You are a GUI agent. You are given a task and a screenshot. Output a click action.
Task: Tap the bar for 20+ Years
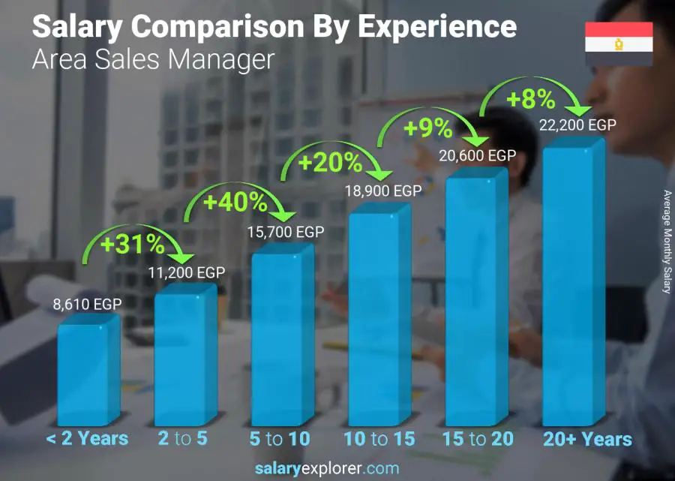coord(574,285)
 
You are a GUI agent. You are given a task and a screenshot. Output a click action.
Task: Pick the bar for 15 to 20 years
coord(476,300)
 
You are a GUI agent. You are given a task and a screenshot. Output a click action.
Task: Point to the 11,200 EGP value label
coord(187,273)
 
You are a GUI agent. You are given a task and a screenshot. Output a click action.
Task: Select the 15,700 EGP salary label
coord(286,233)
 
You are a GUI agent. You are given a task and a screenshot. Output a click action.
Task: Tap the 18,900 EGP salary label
coord(383,191)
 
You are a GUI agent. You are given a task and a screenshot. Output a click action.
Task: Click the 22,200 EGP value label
coord(577,125)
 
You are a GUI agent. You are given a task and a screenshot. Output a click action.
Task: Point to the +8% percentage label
coord(529,99)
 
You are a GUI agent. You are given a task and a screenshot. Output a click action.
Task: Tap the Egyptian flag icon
coord(619,44)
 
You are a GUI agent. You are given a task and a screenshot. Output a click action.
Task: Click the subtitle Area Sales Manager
coord(153,60)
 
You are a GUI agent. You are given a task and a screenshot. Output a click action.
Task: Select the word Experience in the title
coord(436,27)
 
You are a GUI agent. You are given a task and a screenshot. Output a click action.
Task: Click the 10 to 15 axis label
coord(379,439)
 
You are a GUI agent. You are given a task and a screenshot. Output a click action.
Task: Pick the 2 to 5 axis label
coord(182,439)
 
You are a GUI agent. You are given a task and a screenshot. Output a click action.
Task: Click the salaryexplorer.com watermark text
coord(327,469)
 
